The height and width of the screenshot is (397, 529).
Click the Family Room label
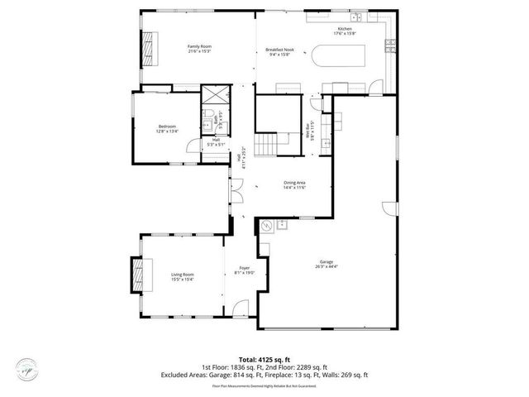(199, 48)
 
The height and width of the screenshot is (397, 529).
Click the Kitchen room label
(344, 31)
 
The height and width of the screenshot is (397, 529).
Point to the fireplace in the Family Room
(149, 50)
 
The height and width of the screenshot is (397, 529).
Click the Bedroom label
(168, 127)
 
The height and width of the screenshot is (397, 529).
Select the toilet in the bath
(211, 114)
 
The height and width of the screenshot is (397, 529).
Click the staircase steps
(264, 146)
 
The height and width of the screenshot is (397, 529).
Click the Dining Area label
(295, 184)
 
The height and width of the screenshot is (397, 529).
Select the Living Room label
(183, 276)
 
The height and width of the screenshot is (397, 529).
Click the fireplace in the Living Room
(136, 272)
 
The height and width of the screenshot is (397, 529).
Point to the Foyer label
(245, 270)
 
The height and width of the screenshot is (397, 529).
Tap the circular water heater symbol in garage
(266, 224)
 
